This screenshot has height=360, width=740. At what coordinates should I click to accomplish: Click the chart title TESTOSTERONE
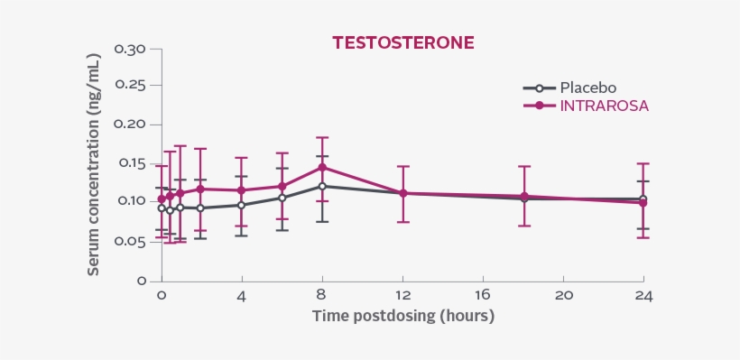tap(402, 42)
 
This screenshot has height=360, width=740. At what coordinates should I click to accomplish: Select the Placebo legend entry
tap(587, 88)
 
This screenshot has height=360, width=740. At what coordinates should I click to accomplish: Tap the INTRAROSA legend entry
tap(604, 106)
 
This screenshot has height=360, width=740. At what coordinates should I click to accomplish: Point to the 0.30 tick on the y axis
tap(130, 48)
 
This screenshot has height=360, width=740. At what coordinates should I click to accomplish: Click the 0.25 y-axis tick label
tap(130, 86)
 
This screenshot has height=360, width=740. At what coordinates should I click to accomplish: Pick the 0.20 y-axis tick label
tap(130, 125)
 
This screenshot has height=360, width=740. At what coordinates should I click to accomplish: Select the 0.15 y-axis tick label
tap(130, 163)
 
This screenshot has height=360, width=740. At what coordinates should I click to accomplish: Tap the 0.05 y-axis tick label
tap(130, 241)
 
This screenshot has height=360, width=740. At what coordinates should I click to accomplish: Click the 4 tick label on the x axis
tap(242, 296)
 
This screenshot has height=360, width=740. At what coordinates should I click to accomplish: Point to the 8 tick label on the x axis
tap(322, 296)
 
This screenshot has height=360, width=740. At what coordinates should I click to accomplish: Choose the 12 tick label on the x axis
tap(402, 296)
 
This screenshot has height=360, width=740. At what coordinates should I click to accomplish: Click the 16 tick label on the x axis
tap(483, 296)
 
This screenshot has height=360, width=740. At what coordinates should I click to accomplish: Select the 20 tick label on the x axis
tap(563, 296)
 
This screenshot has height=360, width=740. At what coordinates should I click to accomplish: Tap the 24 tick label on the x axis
tap(643, 296)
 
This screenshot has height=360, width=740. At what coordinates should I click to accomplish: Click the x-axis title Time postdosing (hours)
tap(403, 317)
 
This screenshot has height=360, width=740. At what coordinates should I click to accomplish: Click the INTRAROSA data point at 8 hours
tap(322, 167)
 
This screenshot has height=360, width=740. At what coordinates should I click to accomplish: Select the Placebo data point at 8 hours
tap(322, 186)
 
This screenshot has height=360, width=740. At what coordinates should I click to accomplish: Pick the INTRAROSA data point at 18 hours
tap(523, 196)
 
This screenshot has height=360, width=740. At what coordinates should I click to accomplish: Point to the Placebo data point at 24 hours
tap(643, 198)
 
